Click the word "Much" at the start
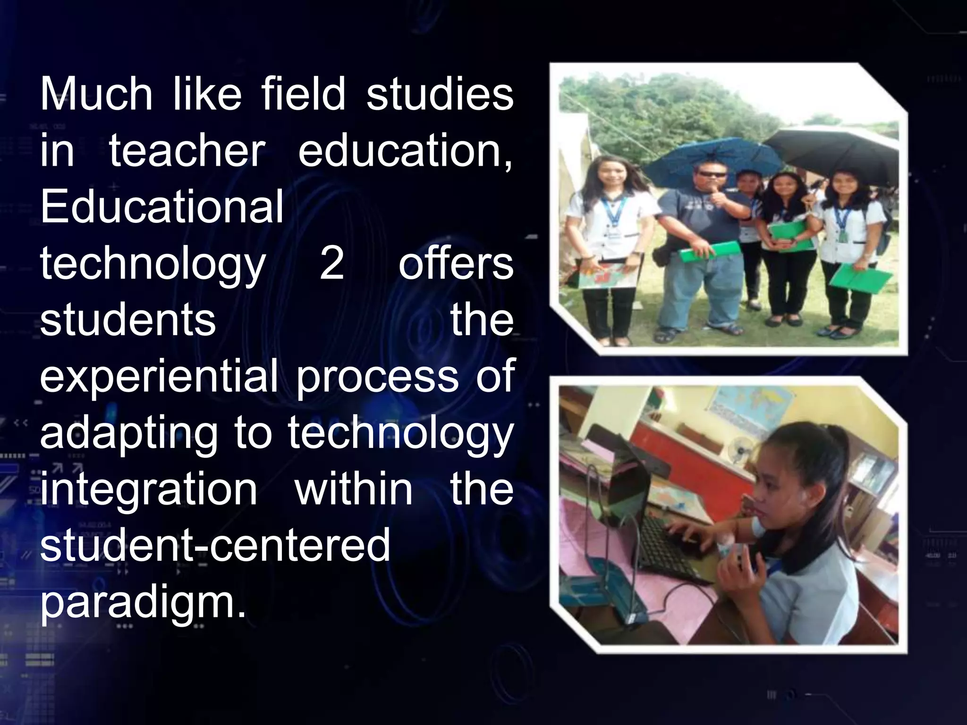click(x=96, y=94)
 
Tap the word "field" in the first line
click(x=303, y=94)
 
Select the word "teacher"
click(x=187, y=151)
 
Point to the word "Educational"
click(x=162, y=207)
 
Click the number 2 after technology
click(x=331, y=263)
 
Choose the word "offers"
click(x=456, y=263)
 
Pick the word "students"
click(x=128, y=320)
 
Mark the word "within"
click(x=354, y=489)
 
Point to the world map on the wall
click(x=751, y=408)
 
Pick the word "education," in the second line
click(x=405, y=151)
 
